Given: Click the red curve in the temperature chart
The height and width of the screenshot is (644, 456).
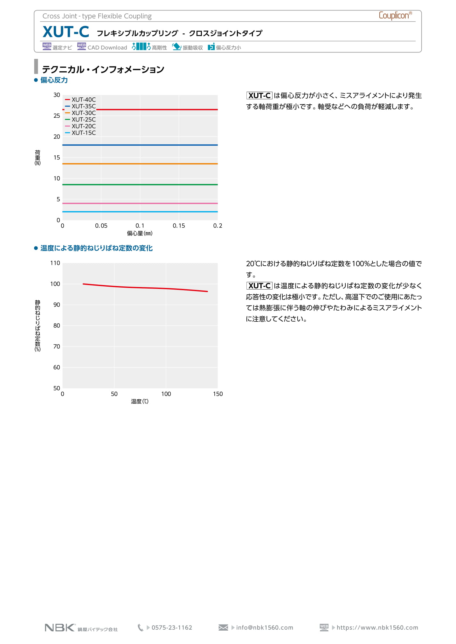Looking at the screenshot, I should pyautogui.click(x=143, y=288).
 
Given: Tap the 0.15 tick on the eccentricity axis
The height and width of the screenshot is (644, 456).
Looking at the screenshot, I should pyautogui.click(x=179, y=226).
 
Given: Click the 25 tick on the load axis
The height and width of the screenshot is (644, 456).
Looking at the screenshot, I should pyautogui.click(x=57, y=116).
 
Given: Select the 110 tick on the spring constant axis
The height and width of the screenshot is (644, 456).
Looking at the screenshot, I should pyautogui.click(x=55, y=263).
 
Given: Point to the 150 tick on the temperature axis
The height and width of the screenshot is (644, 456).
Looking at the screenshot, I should pyautogui.click(x=218, y=394).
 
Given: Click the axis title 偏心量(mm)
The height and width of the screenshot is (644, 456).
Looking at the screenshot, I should pyautogui.click(x=140, y=234).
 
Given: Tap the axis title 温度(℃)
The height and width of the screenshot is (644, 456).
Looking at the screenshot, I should pyautogui.click(x=140, y=402).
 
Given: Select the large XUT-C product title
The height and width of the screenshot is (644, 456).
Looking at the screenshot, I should pyautogui.click(x=66, y=32).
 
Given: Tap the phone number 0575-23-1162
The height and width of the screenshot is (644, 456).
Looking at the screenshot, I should pyautogui.click(x=172, y=627).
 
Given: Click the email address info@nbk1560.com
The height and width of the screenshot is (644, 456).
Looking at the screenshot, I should pyautogui.click(x=265, y=627).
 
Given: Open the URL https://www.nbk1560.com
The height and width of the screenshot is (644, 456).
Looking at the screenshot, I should pyautogui.click(x=377, y=627).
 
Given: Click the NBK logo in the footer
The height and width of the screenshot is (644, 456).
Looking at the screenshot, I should pyautogui.click(x=60, y=627).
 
